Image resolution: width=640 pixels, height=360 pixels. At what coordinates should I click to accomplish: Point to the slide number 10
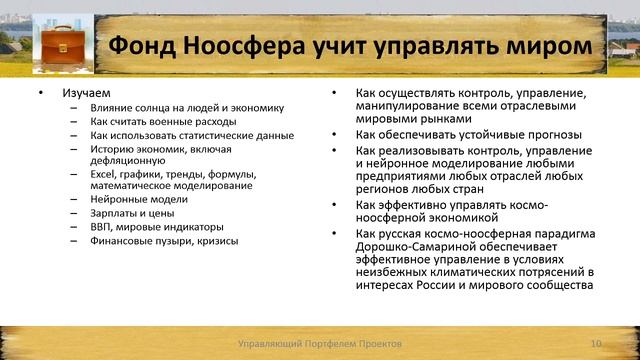pos(597,343)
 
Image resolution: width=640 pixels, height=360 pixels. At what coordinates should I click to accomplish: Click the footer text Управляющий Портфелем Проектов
pos(318,343)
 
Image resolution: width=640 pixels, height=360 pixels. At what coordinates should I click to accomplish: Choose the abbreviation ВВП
pos(101,227)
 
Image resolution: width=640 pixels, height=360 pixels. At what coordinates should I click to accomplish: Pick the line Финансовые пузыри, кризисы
pos(150,241)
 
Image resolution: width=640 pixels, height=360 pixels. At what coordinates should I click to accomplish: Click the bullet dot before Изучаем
pos(40,93)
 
